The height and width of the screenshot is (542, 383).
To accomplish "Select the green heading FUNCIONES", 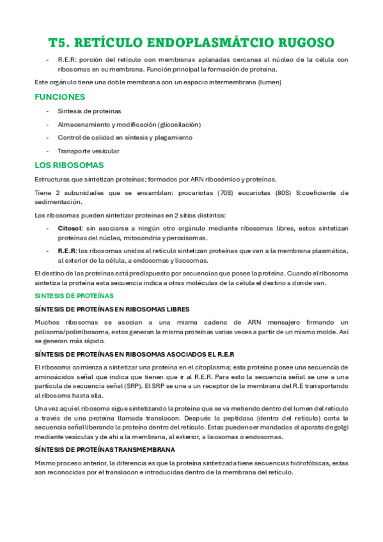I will pos(59,97).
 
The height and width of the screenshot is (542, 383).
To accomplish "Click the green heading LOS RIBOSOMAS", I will pos(69,165).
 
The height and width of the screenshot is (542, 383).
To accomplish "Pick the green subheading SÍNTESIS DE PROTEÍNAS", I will pos(74,296).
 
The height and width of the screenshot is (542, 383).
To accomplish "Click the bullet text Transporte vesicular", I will pos(88,151).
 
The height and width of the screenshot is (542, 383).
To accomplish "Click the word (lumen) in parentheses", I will pos(269,82).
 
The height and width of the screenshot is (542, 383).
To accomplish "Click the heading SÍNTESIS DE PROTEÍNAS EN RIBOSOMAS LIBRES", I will pos(112,309).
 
